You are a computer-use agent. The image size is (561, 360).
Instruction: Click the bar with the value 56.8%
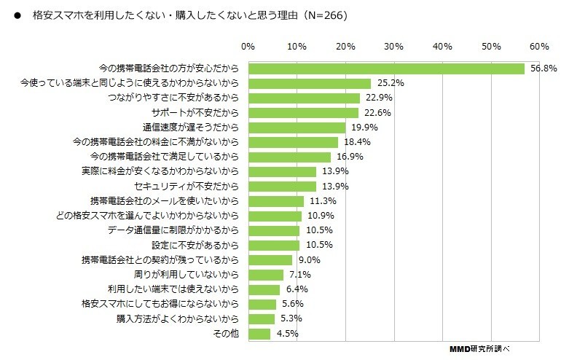click(386, 69)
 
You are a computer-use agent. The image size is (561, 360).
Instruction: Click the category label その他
click(225, 334)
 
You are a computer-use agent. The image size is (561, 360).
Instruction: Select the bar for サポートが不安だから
click(303, 113)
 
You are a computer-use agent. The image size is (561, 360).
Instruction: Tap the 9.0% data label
click(308, 260)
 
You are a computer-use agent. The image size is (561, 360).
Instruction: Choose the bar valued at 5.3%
click(262, 319)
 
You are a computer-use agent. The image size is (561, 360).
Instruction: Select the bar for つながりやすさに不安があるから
click(304, 98)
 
